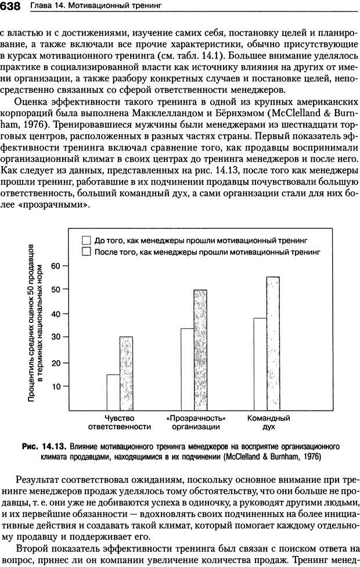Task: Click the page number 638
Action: tap(11, 6)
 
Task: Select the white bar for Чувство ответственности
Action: tap(113, 392)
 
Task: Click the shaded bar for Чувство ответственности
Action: tap(126, 373)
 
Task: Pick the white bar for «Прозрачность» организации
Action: tap(187, 369)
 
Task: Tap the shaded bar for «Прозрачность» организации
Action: tap(200, 350)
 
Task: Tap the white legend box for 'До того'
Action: tap(87, 239)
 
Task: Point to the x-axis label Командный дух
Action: tap(268, 422)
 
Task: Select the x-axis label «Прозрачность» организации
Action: tap(196, 422)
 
